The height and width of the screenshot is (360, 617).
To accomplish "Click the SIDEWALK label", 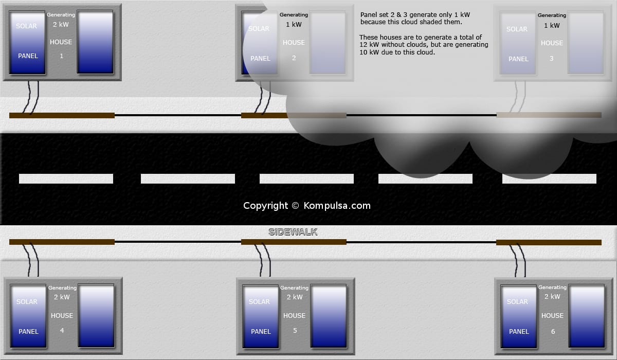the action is click(x=293, y=232).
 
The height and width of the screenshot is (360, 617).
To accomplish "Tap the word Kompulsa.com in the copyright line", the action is click(x=337, y=206).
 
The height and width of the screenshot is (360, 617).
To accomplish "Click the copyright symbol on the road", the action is click(x=295, y=206).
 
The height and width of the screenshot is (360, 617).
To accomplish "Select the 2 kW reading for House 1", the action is click(x=61, y=25).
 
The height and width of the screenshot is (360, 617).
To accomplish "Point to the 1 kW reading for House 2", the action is click(x=294, y=25).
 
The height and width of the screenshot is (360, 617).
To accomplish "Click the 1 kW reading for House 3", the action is click(x=552, y=26).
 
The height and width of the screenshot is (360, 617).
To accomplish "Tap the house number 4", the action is click(x=62, y=330).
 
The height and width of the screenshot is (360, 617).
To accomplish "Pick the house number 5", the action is click(x=295, y=330).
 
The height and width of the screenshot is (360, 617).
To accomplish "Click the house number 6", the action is click(x=553, y=331).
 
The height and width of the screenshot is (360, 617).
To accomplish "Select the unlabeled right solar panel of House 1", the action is click(x=95, y=42).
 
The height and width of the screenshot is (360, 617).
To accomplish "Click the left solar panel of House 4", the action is click(x=28, y=316).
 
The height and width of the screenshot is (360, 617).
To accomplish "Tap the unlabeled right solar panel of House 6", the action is click(x=587, y=316).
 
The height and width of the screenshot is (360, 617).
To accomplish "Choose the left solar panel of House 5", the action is click(x=261, y=316).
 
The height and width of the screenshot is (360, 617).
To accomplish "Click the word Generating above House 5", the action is click(x=294, y=287).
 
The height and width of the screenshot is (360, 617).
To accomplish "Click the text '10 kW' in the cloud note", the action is click(x=369, y=52).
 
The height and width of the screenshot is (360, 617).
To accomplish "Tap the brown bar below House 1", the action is click(x=62, y=115).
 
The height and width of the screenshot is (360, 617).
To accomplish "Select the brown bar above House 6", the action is click(x=549, y=242).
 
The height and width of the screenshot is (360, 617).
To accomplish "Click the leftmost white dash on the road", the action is click(x=66, y=178).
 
